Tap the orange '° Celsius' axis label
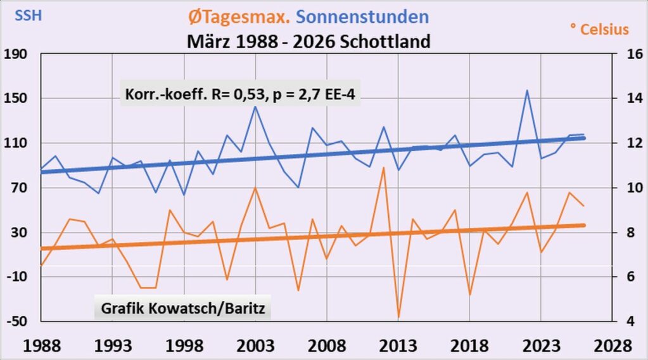coord(599,29)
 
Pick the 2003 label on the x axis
coord(255,346)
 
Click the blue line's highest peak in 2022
coord(527,90)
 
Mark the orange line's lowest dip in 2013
coord(398,318)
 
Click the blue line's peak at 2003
coord(255,106)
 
